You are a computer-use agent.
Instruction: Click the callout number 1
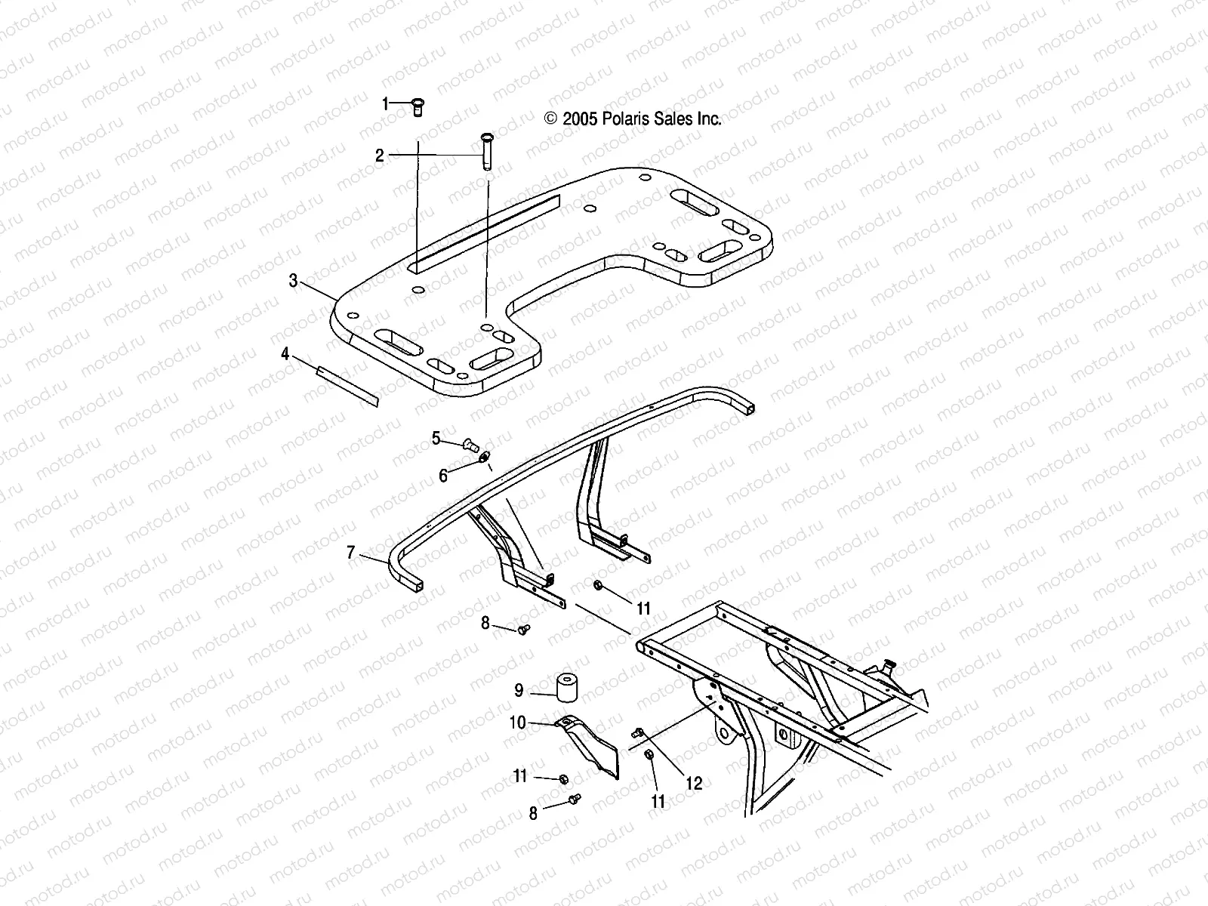pyautogui.click(x=385, y=103)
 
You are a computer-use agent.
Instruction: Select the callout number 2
pyautogui.click(x=380, y=156)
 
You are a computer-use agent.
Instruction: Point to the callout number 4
pyautogui.click(x=285, y=353)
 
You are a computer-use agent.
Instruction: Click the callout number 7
pyautogui.click(x=350, y=553)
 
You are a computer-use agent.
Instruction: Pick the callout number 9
pyautogui.click(x=519, y=690)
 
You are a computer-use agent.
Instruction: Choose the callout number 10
pyautogui.click(x=518, y=723)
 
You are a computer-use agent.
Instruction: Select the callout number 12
pyautogui.click(x=694, y=783)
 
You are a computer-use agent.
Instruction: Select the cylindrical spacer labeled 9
pyautogui.click(x=571, y=686)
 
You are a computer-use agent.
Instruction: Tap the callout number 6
pyautogui.click(x=443, y=476)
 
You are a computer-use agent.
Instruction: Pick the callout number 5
pyautogui.click(x=436, y=438)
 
